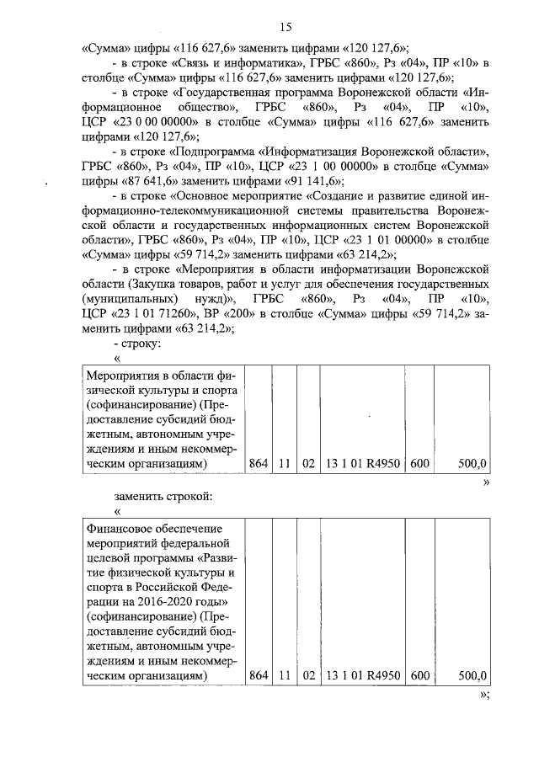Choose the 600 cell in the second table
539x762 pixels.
(x=419, y=676)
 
